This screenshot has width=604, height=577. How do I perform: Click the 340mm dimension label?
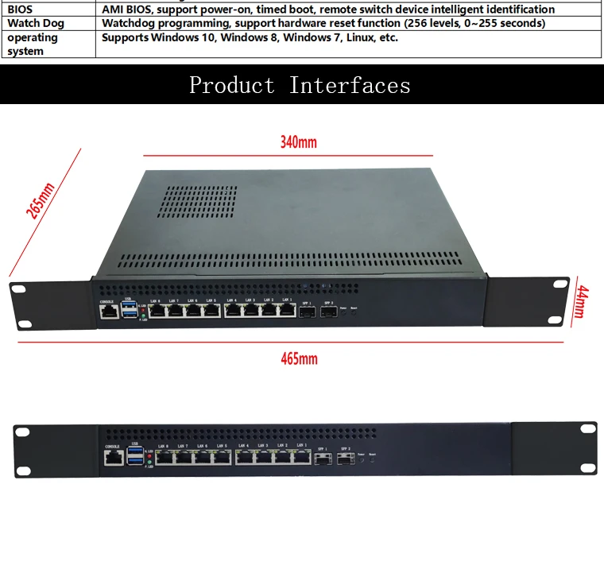tap(298, 142)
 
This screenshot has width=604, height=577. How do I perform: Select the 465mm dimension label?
tap(299, 358)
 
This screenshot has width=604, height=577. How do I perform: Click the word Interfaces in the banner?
tap(350, 85)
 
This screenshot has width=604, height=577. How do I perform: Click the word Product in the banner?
tap(231, 85)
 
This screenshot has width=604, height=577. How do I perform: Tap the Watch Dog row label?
tap(36, 23)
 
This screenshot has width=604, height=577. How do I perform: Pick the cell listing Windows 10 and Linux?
tap(250, 37)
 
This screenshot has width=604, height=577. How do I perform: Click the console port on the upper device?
tap(108, 311)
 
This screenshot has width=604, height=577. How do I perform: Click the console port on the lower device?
tap(113, 458)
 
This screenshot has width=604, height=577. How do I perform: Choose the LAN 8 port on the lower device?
tap(165, 458)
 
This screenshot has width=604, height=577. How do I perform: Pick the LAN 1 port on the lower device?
tap(300, 458)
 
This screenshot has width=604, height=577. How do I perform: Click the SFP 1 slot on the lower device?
tap(323, 459)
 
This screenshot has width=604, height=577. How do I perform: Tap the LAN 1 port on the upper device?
tap(288, 311)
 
